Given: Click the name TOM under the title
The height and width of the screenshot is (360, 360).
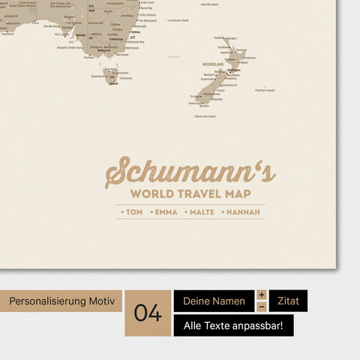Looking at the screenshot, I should click(133, 212).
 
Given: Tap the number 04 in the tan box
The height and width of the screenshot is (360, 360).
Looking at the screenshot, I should click(148, 313).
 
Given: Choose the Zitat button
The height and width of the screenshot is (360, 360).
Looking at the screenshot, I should click(288, 301).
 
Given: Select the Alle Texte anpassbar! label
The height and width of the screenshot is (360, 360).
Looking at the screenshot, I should click(233, 325).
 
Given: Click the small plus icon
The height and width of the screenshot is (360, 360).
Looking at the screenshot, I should click(262, 295).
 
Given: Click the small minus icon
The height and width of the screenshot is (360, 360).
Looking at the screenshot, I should click(262, 307).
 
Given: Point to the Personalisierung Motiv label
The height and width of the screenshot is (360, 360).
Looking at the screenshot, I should click(61, 301).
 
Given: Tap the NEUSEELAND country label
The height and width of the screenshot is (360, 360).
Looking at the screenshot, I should click(212, 64).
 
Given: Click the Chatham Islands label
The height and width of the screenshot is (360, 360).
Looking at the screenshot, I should click(265, 90).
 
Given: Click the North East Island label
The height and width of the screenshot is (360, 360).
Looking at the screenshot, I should click(205, 116).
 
